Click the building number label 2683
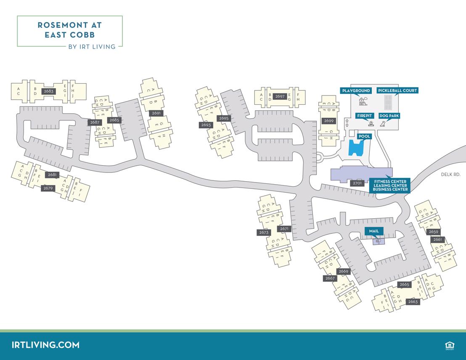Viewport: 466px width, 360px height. click(x=48, y=91)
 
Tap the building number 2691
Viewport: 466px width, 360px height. click(x=156, y=113)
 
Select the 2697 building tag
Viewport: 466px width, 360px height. click(x=280, y=96)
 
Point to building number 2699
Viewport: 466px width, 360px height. click(x=328, y=121)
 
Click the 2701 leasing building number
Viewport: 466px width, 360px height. click(x=357, y=183)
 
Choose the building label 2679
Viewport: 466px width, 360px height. click(x=48, y=188)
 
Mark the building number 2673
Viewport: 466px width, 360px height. click(x=264, y=233)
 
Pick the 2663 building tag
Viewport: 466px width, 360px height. click(x=413, y=302)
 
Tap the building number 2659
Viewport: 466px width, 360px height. click(x=433, y=232)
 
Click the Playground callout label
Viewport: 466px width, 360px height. click(x=356, y=90)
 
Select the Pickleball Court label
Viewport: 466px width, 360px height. click(x=397, y=90)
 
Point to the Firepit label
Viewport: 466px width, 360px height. click(x=364, y=116)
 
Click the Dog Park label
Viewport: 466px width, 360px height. click(x=389, y=116)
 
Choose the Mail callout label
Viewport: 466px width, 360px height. click(x=374, y=231)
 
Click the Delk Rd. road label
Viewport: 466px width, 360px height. click(x=451, y=174)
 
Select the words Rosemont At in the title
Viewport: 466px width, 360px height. click(x=69, y=25)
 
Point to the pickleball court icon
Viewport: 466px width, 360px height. click(x=389, y=101)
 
